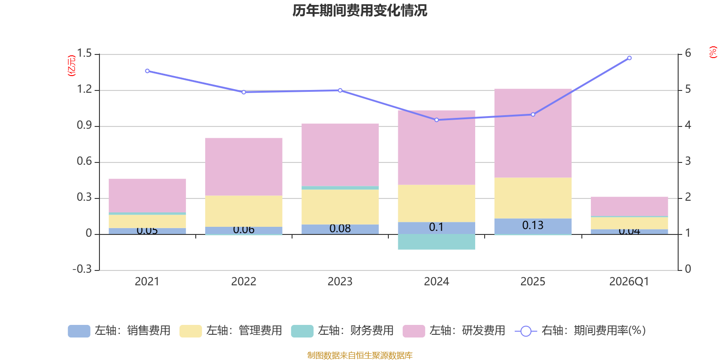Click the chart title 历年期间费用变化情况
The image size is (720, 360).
[x=360, y=10]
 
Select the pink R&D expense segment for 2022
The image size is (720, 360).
[x=244, y=166]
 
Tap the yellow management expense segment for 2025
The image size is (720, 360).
[x=533, y=198]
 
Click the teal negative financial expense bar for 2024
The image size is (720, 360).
[x=436, y=242]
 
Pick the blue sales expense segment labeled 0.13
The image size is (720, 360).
[x=533, y=226]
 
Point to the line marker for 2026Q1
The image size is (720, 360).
[x=629, y=58]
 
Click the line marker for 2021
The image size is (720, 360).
[x=147, y=71]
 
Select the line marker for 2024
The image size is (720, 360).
[x=436, y=120]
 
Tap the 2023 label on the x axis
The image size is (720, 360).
[x=340, y=282]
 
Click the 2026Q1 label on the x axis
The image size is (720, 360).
[x=629, y=282]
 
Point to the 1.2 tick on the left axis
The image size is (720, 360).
[x=84, y=90]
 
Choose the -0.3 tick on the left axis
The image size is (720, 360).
[x=82, y=269]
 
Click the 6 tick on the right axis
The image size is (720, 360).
[x=688, y=54]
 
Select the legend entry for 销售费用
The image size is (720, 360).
[x=120, y=331]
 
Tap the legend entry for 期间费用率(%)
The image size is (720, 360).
[x=580, y=331]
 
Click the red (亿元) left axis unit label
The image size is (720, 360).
[x=72, y=66]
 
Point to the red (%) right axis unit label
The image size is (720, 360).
[x=713, y=52]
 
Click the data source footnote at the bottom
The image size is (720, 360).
[x=360, y=355]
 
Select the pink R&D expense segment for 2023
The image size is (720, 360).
[x=340, y=154]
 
